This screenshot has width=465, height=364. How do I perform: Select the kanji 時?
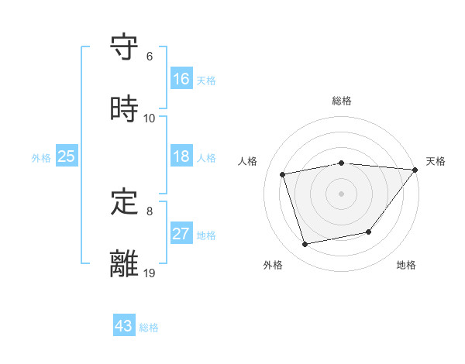click(x=125, y=109)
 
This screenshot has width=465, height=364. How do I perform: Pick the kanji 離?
click(x=125, y=264)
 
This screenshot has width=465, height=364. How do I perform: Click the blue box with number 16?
click(x=181, y=79)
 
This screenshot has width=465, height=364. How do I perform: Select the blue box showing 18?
click(x=181, y=156)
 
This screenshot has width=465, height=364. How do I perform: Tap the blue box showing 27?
click(x=181, y=234)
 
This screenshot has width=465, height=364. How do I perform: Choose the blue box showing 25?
click(x=66, y=156)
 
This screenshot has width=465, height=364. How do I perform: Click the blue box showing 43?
click(x=123, y=326)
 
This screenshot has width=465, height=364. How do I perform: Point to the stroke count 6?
click(x=150, y=57)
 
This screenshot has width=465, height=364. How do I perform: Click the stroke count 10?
click(x=150, y=118)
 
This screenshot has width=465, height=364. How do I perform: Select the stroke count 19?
click(x=150, y=273)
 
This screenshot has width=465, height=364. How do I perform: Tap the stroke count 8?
click(x=150, y=211)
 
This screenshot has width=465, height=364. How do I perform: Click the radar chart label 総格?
click(x=342, y=101)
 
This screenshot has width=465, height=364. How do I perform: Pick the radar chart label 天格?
click(x=436, y=161)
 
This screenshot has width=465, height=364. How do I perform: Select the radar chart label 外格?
click(x=273, y=265)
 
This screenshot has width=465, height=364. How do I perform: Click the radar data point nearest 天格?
click(x=416, y=170)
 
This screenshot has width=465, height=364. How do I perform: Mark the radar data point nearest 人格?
click(x=283, y=174)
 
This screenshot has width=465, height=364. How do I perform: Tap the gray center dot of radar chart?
click(x=342, y=193)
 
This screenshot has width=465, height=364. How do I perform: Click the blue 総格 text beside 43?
click(x=149, y=328)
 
